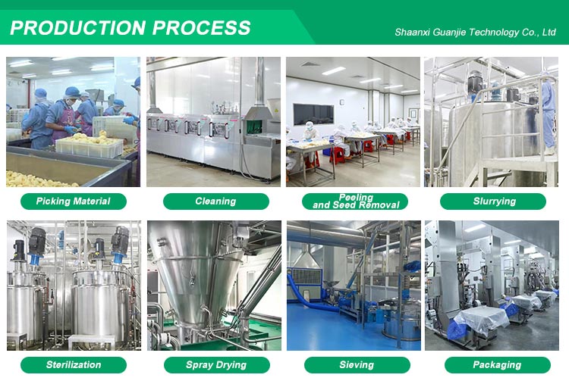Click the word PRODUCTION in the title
(78, 28)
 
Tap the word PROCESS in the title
(201, 28)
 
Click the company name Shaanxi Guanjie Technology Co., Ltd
(475, 33)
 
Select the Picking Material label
(74, 201)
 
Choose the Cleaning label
(216, 201)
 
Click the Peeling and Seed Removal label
(355, 201)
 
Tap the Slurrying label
(493, 201)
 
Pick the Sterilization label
(74, 364)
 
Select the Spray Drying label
(217, 364)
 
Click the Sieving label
(357, 364)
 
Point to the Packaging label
(498, 364)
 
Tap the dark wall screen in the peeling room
(313, 114)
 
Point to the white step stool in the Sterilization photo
(92, 342)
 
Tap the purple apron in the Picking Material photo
(64, 123)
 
